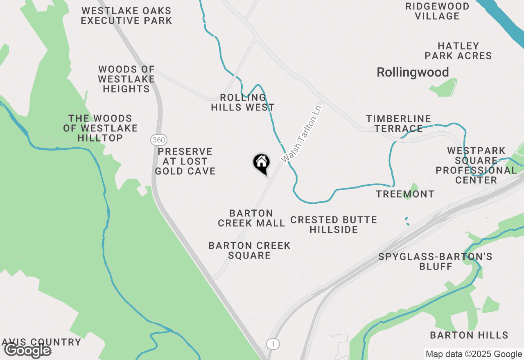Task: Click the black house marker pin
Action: pyautogui.click(x=261, y=163)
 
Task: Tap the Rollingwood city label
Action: pyautogui.click(x=413, y=72)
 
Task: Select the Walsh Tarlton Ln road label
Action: pyautogui.click(x=302, y=133)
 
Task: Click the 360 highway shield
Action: pyautogui.click(x=158, y=140)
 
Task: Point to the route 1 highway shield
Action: pyautogui.click(x=273, y=344)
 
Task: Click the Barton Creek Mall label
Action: pyautogui.click(x=251, y=218)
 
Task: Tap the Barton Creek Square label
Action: pyautogui.click(x=249, y=250)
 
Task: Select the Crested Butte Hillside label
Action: pyautogui.click(x=334, y=225)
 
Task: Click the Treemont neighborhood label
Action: pyautogui.click(x=405, y=194)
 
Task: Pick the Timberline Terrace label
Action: pyautogui.click(x=398, y=124)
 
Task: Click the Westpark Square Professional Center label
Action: pyautogui.click(x=476, y=165)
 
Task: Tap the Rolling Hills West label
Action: pyautogui.click(x=243, y=102)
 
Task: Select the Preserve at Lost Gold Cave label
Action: pyautogui.click(x=185, y=161)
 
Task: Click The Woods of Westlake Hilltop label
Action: pyautogui.click(x=100, y=128)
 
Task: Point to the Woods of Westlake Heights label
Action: pyautogui.click(x=126, y=79)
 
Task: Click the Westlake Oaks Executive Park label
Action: pyautogui.click(x=126, y=16)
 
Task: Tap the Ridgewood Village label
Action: pyautogui.click(x=437, y=11)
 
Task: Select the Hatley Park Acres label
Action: pyautogui.click(x=458, y=51)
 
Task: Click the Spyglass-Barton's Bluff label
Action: pyautogui.click(x=435, y=261)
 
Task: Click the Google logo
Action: pyautogui.click(x=27, y=351)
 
